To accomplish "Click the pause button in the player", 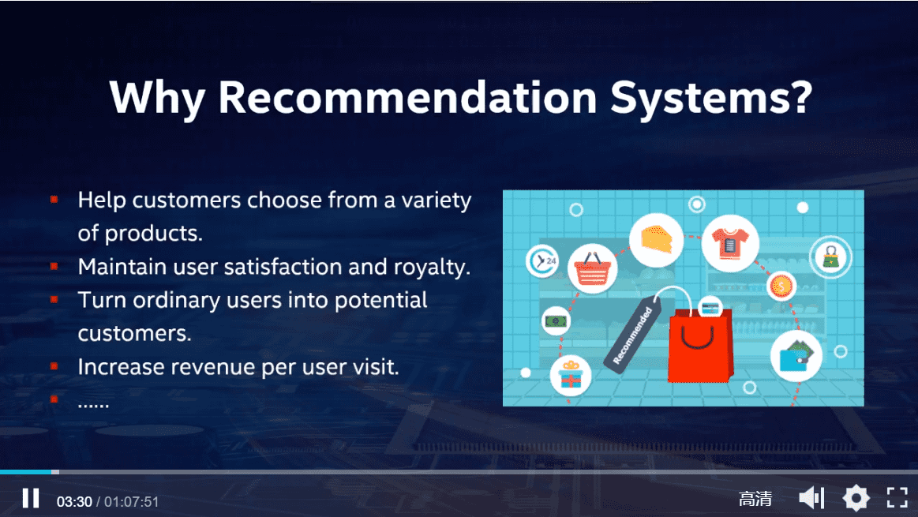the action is (x=31, y=498).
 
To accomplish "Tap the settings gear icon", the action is (x=856, y=498).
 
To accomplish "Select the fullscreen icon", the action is (x=897, y=498).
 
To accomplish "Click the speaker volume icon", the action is (x=811, y=498).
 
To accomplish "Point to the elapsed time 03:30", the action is (x=74, y=502).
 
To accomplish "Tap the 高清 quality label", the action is (x=755, y=499).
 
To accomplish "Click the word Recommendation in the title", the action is (x=407, y=97).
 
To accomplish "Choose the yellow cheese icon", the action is (x=656, y=239).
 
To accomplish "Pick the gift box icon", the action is (x=571, y=375).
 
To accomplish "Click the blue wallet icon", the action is (x=796, y=356).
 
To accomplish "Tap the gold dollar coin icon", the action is (x=781, y=287).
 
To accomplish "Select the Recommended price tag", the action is (x=634, y=335).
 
